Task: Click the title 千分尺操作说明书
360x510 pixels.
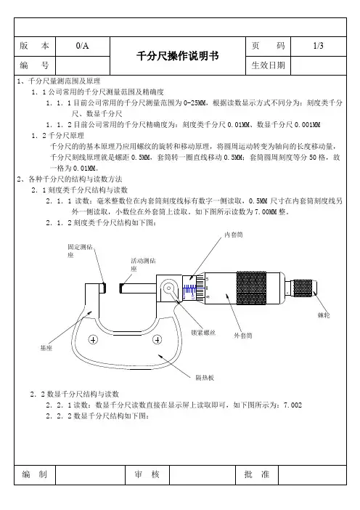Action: click(177, 56)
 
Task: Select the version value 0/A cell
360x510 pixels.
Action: click(83, 46)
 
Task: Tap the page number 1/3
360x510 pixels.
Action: click(318, 46)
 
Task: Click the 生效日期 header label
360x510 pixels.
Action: click(268, 65)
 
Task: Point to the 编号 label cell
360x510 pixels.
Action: click(34, 65)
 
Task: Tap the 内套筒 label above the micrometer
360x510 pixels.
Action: click(234, 235)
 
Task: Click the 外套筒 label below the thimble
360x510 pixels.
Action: click(243, 336)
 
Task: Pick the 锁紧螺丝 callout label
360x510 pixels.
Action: click(203, 333)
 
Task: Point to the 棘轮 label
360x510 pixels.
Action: click(324, 315)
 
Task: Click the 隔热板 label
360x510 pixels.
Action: click(205, 378)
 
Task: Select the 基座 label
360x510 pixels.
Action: click(46, 348)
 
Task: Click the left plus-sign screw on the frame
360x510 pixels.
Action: click(93, 340)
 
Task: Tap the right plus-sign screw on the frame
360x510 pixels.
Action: click(157, 340)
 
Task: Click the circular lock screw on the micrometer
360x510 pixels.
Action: click(169, 288)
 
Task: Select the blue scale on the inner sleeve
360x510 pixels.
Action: click(189, 291)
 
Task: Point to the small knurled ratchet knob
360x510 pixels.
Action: click(303, 288)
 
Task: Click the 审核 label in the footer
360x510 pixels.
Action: click(147, 474)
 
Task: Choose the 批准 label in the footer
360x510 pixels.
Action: click(257, 474)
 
